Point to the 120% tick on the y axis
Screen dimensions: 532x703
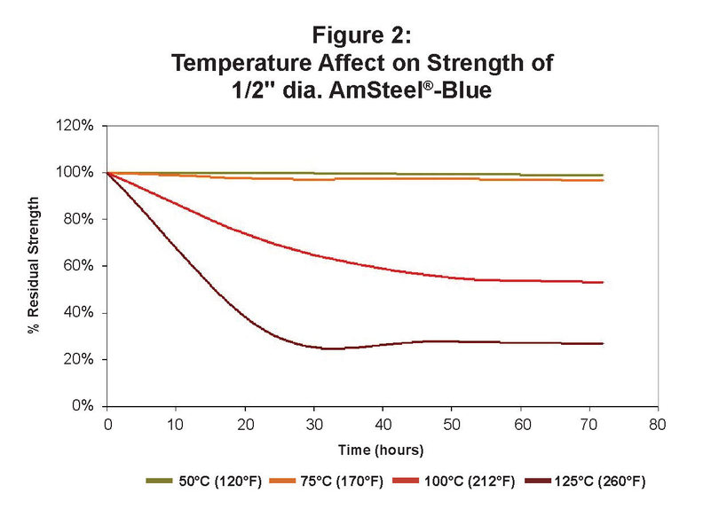coord(77,126)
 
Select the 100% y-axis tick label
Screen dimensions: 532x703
coord(77,172)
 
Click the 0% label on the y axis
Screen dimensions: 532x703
coord(83,406)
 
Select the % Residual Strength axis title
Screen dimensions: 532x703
coord(33,266)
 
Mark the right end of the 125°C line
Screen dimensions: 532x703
coord(603,343)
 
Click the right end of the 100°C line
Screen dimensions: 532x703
coord(603,282)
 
